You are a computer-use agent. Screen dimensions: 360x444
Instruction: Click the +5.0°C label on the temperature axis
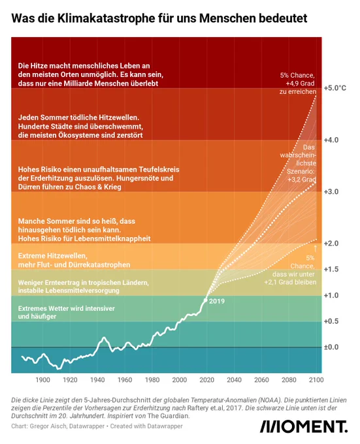(x=335, y=88)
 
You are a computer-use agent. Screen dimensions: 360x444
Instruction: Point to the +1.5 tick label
(x=331, y=269)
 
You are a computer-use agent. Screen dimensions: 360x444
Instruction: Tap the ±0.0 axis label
(x=331, y=347)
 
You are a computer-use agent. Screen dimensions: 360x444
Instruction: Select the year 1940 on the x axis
(x=97, y=380)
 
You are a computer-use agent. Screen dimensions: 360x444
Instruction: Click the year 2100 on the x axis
(x=316, y=380)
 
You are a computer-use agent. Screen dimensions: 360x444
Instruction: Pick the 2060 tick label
(x=261, y=380)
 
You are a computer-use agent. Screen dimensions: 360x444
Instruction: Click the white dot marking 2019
(x=206, y=300)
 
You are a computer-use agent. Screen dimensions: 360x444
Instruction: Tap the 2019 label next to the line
(x=217, y=301)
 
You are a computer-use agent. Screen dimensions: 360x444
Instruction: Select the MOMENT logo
(x=304, y=427)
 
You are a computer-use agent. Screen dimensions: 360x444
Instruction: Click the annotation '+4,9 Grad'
(x=301, y=84)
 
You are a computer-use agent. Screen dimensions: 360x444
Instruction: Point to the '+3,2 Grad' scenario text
(x=302, y=180)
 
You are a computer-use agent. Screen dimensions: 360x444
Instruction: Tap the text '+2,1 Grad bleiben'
(x=290, y=282)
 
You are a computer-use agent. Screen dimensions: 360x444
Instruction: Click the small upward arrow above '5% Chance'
(x=316, y=248)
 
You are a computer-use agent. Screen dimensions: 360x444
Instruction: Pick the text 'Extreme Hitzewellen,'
(x=53, y=256)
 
